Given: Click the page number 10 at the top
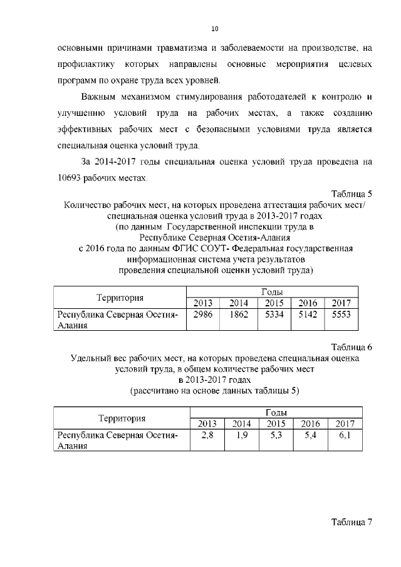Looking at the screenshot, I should [x=214, y=29].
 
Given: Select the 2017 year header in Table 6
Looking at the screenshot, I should [x=344, y=424].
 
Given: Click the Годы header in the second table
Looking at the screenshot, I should [x=276, y=413].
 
